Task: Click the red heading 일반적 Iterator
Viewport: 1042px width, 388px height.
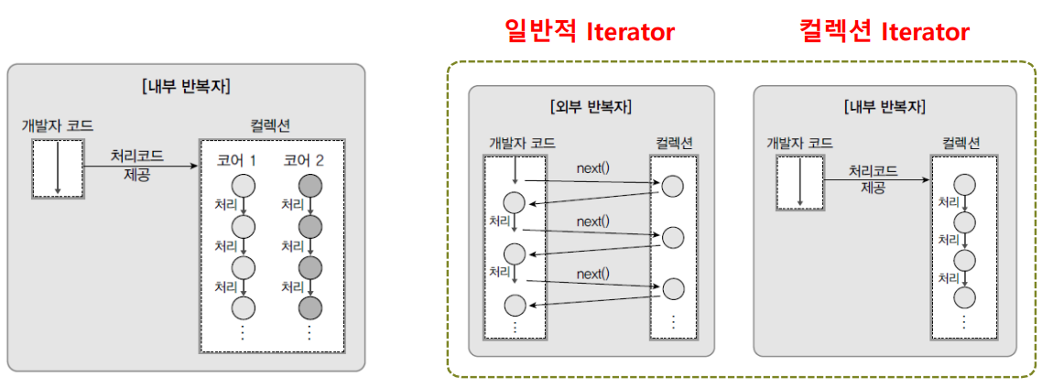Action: tap(591, 32)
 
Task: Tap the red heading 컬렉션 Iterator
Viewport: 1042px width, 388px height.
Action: tap(884, 32)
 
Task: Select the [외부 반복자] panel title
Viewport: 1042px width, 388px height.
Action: tap(591, 106)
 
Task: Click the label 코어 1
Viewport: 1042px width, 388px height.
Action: tap(236, 161)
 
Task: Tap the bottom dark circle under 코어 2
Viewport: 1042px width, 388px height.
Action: tap(310, 307)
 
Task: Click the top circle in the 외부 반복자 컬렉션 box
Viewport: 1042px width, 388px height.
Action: tap(673, 186)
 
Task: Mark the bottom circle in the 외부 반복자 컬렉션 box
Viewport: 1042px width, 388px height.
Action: tap(673, 288)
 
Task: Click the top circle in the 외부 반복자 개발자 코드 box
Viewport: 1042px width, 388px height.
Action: tap(515, 201)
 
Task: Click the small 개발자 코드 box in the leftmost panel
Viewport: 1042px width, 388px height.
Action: tap(57, 169)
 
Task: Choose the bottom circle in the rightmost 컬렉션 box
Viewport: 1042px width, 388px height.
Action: tap(963, 297)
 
